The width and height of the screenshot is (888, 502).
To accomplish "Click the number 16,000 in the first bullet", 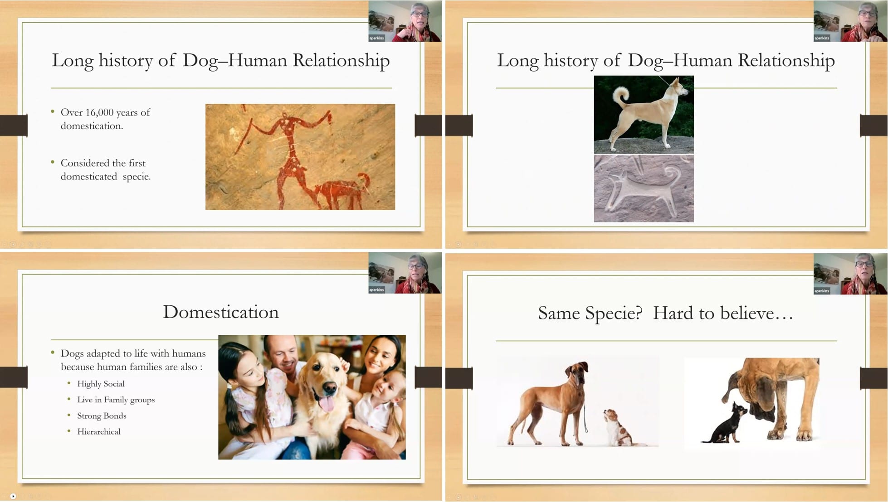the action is click(99, 112).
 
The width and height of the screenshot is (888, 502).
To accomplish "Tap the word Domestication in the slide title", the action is click(221, 312).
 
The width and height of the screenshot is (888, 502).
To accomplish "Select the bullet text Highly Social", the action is click(101, 384).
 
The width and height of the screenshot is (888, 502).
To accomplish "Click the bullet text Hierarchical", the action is click(99, 432).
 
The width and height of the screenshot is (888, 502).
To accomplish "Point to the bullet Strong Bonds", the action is click(102, 416).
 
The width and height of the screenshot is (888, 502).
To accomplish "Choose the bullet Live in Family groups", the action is click(116, 400).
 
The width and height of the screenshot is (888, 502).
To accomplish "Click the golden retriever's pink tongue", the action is click(326, 403).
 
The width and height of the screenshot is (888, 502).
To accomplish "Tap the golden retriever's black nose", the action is click(330, 387).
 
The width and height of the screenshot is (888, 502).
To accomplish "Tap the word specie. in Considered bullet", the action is click(137, 177).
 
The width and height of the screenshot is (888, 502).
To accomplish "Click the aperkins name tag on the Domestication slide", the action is click(376, 290).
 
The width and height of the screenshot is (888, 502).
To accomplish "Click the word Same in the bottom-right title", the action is click(559, 313).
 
